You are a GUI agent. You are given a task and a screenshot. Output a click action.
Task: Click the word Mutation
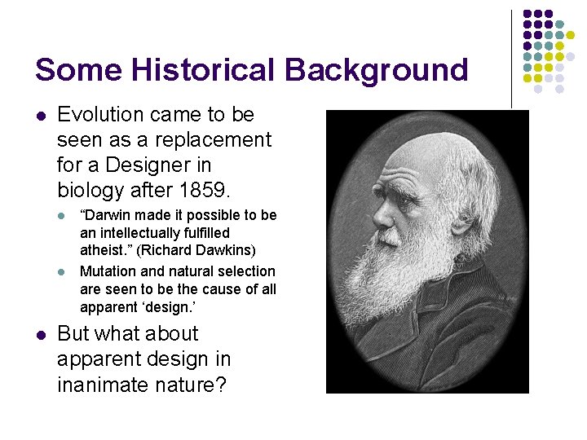tap(108, 271)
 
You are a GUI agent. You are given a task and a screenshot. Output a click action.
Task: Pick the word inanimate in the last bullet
tap(102, 384)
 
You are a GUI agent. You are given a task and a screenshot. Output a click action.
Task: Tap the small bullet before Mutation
tap(64, 271)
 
